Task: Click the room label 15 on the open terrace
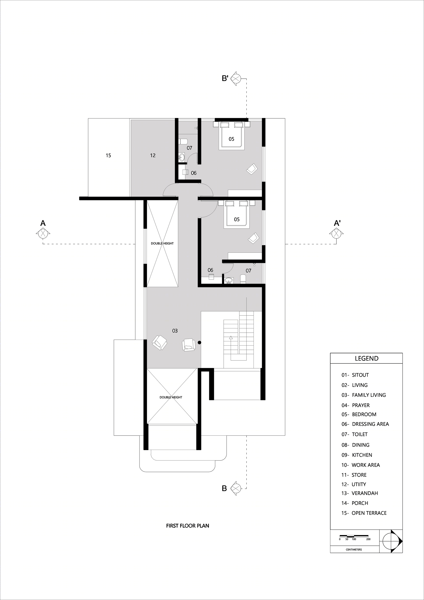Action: [108, 155]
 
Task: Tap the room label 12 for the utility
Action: [153, 155]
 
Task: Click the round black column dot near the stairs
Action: [199, 343]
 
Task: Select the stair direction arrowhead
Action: [231, 337]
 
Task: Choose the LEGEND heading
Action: [367, 358]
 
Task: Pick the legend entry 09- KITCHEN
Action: [357, 455]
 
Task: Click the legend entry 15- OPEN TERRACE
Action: [364, 513]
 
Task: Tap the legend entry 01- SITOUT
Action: [355, 375]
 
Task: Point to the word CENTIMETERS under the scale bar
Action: [354, 550]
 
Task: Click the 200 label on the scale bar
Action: [368, 539]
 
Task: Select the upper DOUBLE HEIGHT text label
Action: [162, 243]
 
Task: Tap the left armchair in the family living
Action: [159, 343]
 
